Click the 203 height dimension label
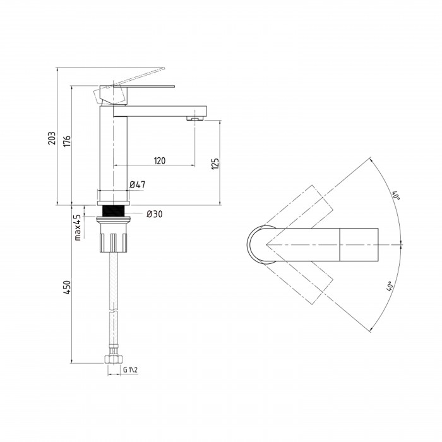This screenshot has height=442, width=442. (52, 138)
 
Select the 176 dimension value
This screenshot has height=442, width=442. (67, 141)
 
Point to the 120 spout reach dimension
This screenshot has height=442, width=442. (160, 161)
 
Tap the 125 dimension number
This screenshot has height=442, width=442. (215, 164)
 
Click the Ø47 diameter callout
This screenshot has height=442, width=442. (137, 184)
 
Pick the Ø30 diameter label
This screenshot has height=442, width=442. (155, 214)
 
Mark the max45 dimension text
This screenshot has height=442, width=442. (78, 227)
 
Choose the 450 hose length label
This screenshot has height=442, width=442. (67, 287)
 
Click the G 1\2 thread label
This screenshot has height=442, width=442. (130, 370)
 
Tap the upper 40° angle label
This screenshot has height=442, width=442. (397, 195)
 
